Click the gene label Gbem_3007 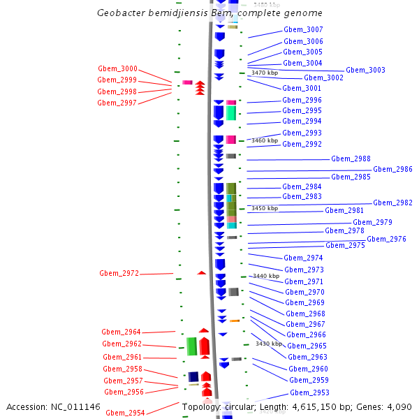(x=303, y=30)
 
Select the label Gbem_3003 (x=365, y=70)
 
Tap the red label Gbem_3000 (x=117, y=69)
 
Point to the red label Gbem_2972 (x=119, y=274)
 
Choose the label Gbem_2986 (x=392, y=169)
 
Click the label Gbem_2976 (x=386, y=239)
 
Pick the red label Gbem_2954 (x=125, y=413)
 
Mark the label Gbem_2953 (x=309, y=392)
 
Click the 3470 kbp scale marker (x=265, y=73)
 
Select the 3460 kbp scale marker (x=265, y=140)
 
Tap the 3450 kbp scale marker (x=265, y=208)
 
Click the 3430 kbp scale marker (x=269, y=344)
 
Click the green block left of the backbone (x=191, y=346)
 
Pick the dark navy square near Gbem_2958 (x=193, y=376)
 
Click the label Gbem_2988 (x=351, y=159)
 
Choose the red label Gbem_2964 (x=122, y=332)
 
